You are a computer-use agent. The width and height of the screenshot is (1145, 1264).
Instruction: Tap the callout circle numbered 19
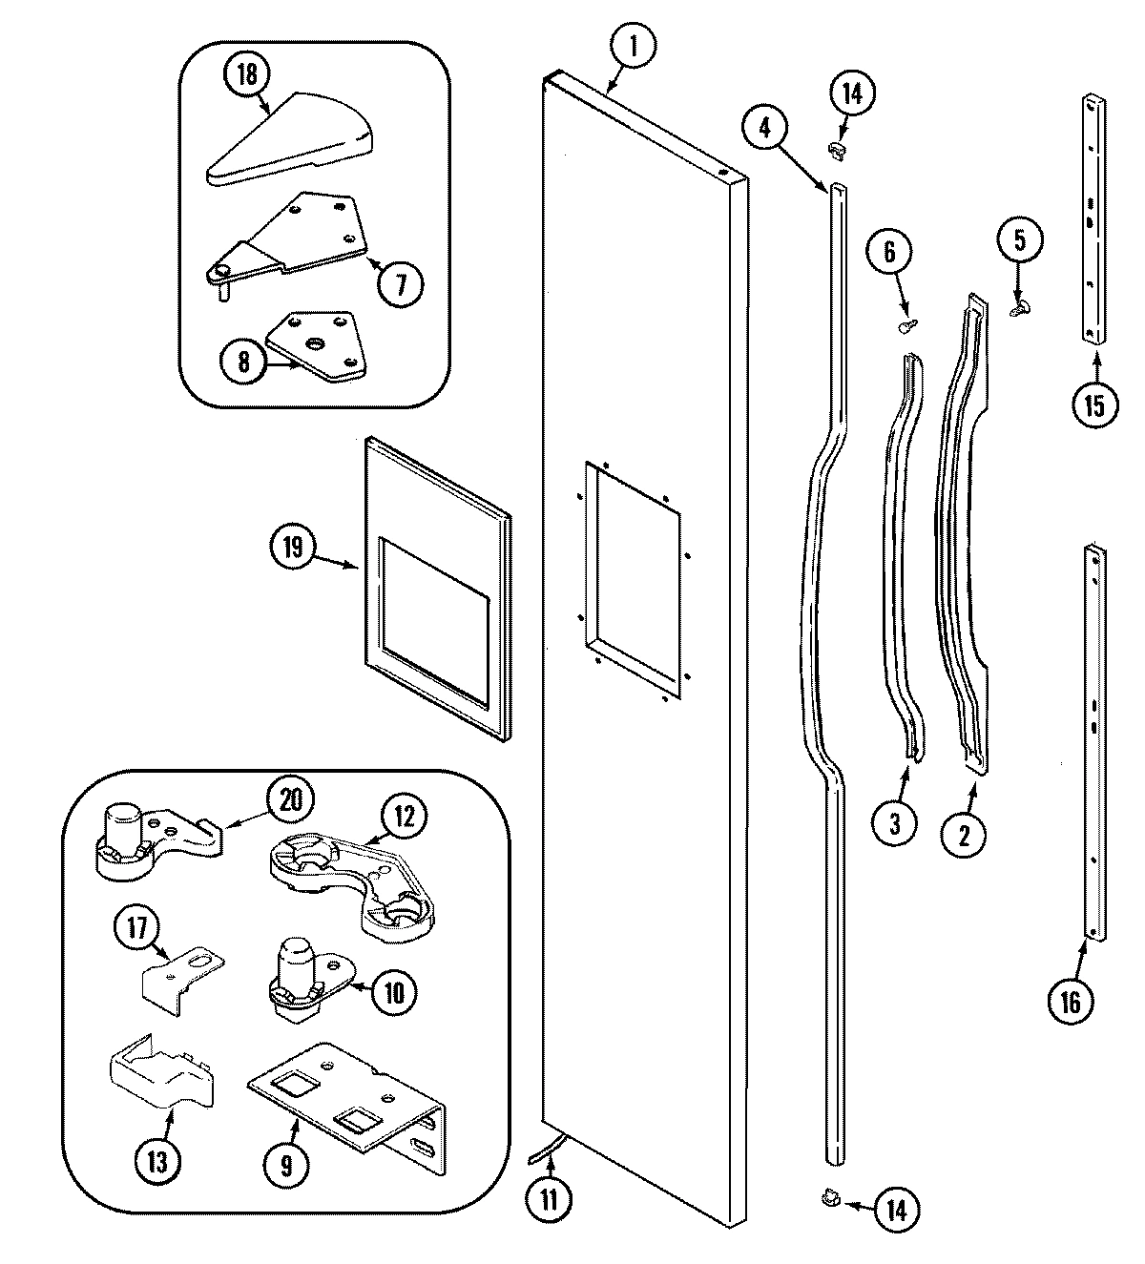tap(292, 548)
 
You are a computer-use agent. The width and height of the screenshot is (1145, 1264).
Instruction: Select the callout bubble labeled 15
tap(1093, 404)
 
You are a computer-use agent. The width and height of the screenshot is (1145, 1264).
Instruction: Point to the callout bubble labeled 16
tap(1070, 1001)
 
